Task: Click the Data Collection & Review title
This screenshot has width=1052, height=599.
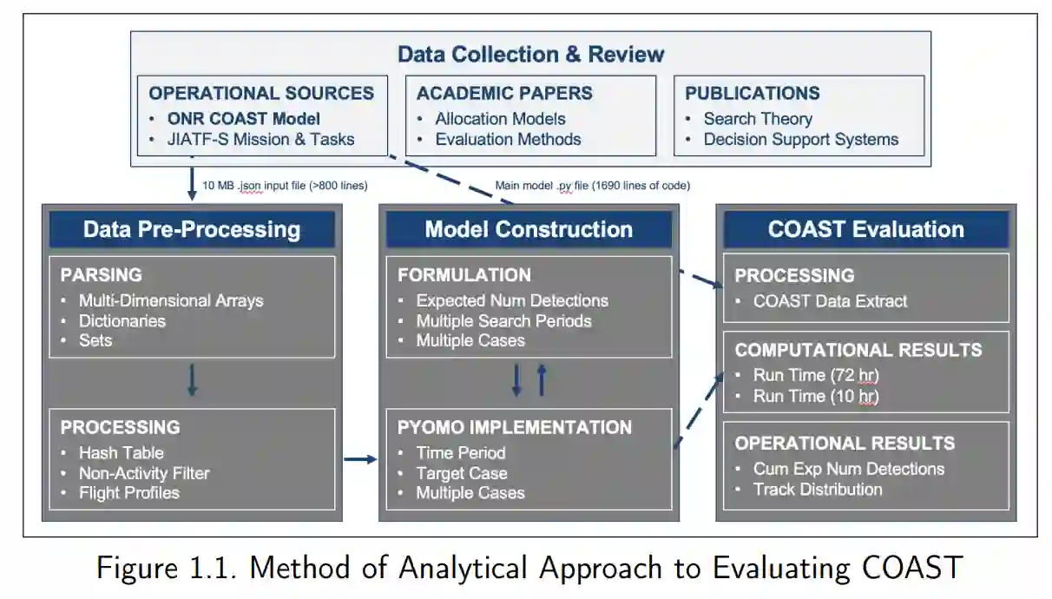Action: [530, 55]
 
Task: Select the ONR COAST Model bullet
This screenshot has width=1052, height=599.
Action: [244, 119]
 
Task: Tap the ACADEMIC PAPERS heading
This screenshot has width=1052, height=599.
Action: [504, 94]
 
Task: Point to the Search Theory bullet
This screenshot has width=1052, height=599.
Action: [758, 119]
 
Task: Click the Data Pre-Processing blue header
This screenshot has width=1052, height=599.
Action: [192, 230]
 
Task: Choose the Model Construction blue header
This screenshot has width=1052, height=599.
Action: [529, 230]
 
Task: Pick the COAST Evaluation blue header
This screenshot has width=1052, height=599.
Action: [865, 230]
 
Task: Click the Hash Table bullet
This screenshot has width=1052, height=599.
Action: [121, 452]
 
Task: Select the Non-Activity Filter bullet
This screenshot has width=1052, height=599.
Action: [144, 473]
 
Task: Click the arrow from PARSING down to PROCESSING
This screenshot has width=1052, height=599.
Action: [192, 380]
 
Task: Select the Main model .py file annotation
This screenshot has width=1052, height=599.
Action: [592, 185]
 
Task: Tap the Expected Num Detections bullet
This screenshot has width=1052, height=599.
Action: [512, 300]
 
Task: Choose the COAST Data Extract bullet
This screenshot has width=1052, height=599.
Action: [830, 301]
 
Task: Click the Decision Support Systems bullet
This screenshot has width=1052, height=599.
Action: [801, 139]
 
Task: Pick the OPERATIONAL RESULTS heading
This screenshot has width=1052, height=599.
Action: [845, 443]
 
